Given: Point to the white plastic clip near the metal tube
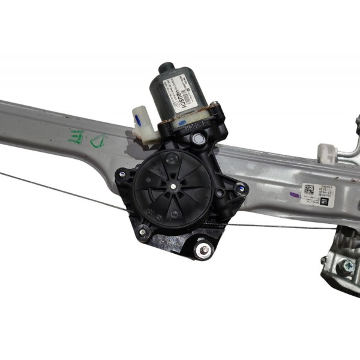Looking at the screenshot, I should coord(327,154).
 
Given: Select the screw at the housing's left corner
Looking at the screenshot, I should coord(122,175).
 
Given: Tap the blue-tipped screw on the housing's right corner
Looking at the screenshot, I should coord(241,190).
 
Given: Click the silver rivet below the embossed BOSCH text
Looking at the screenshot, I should coord(198,139).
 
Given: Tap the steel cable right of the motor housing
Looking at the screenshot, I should coord(282,227).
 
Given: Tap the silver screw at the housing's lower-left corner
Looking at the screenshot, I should coord(143,232).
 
